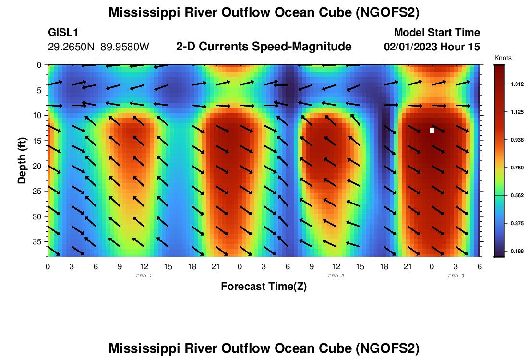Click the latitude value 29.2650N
pyautogui.click(x=72, y=47)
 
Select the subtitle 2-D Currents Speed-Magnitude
pyautogui.click(x=264, y=47)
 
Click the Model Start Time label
pyautogui.click(x=437, y=33)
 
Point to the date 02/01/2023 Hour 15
pyautogui.click(x=432, y=47)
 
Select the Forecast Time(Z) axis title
pyautogui.click(x=264, y=287)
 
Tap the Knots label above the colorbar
pyautogui.click(x=503, y=58)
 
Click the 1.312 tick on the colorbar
pyautogui.click(x=517, y=84)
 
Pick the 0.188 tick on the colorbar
pyautogui.click(x=517, y=251)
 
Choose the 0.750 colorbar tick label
pyautogui.click(x=517, y=168)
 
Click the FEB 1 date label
pyautogui.click(x=144, y=276)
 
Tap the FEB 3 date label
pyautogui.click(x=456, y=276)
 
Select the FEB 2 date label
pyautogui.click(x=336, y=276)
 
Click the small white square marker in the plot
pyautogui.click(x=432, y=131)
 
